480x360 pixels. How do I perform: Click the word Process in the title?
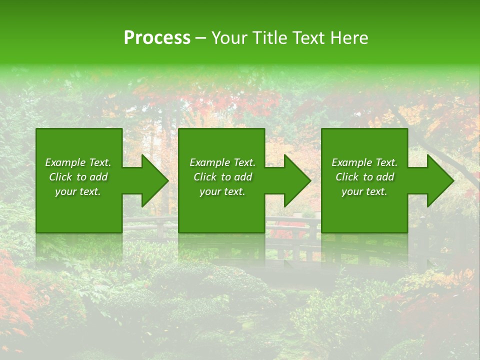(x=157, y=38)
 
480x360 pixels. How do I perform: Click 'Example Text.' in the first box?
(x=78, y=162)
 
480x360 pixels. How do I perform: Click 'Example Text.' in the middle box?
(x=222, y=162)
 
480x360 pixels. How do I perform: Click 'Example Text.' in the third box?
(x=364, y=162)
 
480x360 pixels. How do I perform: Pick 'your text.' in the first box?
(x=78, y=191)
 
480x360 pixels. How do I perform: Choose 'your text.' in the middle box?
(x=222, y=191)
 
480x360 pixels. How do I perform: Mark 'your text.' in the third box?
(x=364, y=191)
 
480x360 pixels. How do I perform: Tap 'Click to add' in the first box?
(x=78, y=177)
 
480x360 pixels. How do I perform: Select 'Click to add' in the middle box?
(x=222, y=177)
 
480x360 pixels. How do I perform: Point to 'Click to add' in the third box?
(x=364, y=177)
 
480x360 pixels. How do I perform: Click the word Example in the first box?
(x=65, y=162)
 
